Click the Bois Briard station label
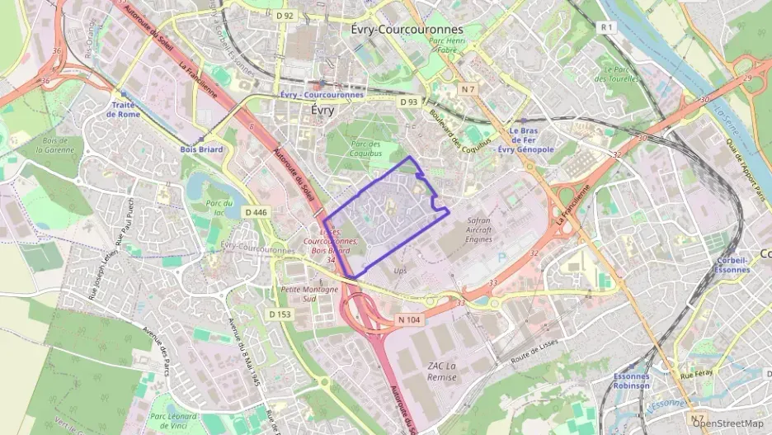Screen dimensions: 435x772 [x=201, y=149]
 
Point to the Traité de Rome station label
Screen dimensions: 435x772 [x=124, y=110]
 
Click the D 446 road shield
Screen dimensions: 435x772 [x=257, y=212]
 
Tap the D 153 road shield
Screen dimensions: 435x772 [x=280, y=314]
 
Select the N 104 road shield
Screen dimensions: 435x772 [x=409, y=319]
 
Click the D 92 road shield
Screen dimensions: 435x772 [x=285, y=16]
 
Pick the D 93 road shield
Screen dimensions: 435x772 [x=409, y=102]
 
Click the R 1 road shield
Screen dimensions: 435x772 [x=608, y=27]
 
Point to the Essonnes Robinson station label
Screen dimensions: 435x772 [x=631, y=381]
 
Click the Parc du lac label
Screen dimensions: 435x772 [x=219, y=207]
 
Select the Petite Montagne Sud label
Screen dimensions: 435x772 [x=309, y=294]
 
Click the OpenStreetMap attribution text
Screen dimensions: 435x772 [x=727, y=424]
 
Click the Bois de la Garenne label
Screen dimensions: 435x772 [x=58, y=145]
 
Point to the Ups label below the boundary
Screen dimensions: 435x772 [x=400, y=271]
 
